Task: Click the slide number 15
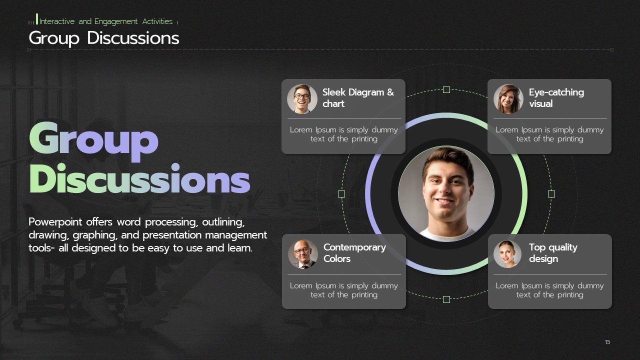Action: point(607,342)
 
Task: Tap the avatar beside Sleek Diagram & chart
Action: point(302,99)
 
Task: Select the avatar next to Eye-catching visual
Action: point(508,99)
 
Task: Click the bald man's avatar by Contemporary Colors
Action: point(303,254)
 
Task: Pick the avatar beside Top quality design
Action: point(507,254)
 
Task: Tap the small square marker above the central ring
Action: point(446,89)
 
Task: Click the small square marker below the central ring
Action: point(446,299)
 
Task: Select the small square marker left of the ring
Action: point(341,194)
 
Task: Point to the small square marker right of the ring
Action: point(551,194)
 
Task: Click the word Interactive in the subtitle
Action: point(57,21)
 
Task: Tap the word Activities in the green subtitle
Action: point(157,21)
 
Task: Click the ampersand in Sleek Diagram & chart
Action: point(390,92)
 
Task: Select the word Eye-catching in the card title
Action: point(556,92)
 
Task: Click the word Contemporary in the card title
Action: point(354,247)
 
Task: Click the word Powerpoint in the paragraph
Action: point(55,222)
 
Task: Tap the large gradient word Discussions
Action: point(139,179)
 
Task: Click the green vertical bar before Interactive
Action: point(37,19)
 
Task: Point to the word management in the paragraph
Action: point(236,235)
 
